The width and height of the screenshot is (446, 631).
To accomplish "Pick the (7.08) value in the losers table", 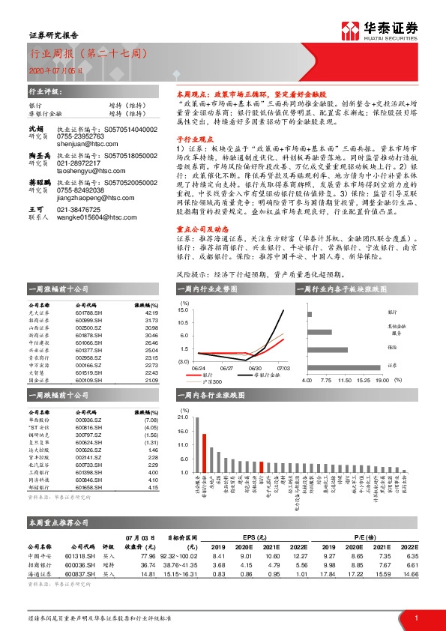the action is click(x=151, y=420).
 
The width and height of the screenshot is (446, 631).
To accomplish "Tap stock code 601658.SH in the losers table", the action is click(x=88, y=488).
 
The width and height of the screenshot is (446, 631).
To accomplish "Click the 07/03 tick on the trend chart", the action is click(x=283, y=368).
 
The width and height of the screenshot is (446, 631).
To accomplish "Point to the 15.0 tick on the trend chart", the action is click(x=183, y=310).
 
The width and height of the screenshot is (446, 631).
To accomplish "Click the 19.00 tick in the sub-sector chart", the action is click(x=382, y=381).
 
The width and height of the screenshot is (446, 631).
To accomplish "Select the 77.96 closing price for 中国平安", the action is click(x=147, y=556).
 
